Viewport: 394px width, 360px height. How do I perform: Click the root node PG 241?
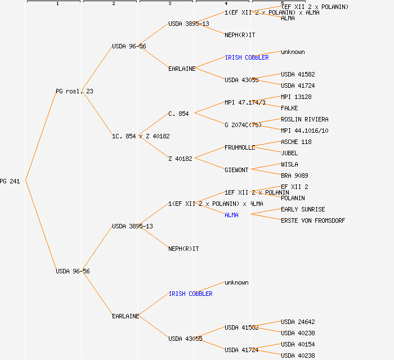click(x=10, y=181)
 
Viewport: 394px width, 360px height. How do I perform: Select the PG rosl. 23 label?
click(x=74, y=91)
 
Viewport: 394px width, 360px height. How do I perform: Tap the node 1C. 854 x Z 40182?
click(x=141, y=136)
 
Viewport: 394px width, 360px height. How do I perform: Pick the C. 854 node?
click(x=178, y=114)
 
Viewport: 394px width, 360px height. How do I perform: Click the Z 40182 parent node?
click(x=180, y=159)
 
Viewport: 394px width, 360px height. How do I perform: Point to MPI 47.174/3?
click(x=245, y=102)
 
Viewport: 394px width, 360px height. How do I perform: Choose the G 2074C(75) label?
click(x=243, y=125)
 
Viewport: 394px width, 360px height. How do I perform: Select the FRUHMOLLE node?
click(x=240, y=147)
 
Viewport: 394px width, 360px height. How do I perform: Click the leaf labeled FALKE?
click(x=289, y=108)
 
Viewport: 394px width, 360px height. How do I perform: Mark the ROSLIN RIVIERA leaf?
click(x=305, y=119)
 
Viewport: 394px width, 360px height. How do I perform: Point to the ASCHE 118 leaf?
click(x=296, y=142)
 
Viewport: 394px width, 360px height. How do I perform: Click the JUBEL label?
click(x=289, y=153)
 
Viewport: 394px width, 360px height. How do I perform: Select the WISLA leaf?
click(x=289, y=164)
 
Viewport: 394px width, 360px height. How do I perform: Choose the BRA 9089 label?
click(x=294, y=175)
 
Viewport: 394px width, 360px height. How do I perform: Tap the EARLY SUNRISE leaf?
click(x=303, y=209)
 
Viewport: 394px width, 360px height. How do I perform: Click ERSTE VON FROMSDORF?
click(x=313, y=220)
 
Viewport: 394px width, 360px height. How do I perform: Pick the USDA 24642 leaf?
click(x=296, y=322)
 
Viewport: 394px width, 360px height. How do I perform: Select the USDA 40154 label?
click(x=296, y=344)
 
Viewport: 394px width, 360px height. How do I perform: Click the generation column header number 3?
click(x=169, y=4)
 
